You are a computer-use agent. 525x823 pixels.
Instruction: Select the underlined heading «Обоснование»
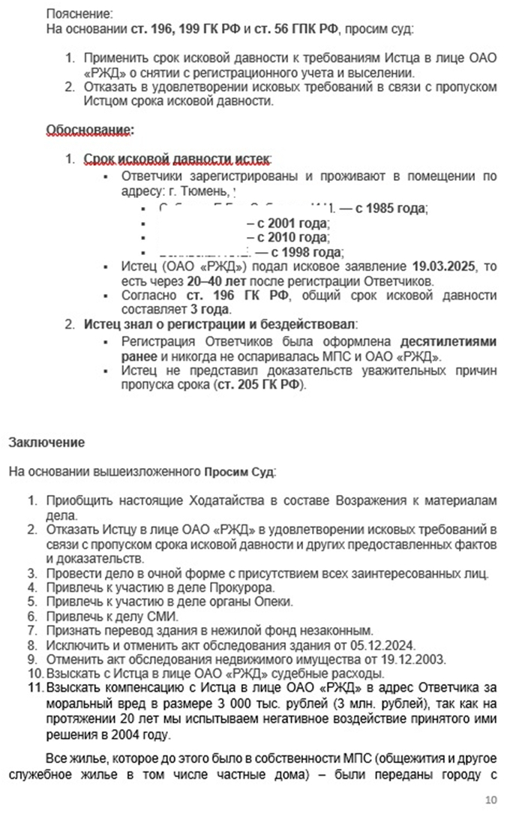[89, 130]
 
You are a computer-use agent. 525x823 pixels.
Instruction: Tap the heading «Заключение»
[46, 443]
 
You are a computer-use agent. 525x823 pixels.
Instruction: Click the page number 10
[490, 800]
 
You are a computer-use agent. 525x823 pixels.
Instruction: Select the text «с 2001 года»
[291, 223]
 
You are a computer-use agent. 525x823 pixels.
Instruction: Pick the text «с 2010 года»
[291, 237]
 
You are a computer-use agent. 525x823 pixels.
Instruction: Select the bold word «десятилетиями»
[447, 342]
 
